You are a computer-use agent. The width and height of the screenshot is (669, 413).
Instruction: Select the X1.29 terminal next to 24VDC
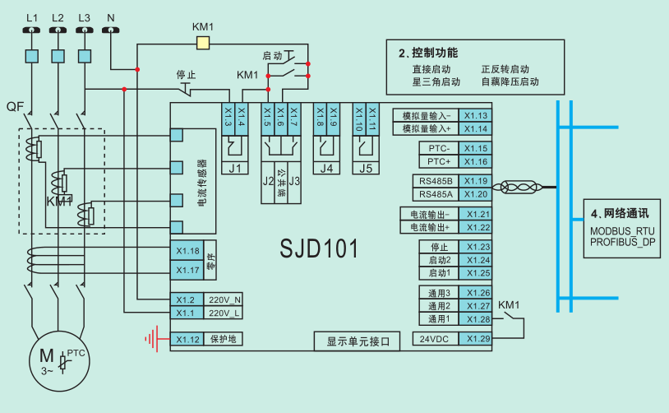(477, 339)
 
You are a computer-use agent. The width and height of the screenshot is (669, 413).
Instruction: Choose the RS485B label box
(435, 181)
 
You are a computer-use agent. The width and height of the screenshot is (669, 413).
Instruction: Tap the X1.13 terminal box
(477, 116)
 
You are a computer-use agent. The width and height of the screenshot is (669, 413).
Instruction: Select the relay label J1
(235, 169)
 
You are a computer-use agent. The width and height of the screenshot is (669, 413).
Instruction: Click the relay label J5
(366, 169)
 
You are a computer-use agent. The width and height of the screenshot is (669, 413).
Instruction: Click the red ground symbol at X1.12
(151, 338)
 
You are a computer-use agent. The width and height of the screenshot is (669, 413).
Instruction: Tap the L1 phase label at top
(32, 16)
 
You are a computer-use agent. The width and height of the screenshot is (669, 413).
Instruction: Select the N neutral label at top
(111, 16)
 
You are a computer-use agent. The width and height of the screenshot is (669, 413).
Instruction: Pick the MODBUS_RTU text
(622, 232)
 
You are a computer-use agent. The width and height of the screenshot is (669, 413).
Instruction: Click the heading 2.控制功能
(428, 53)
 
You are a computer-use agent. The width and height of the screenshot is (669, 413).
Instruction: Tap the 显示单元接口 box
(358, 341)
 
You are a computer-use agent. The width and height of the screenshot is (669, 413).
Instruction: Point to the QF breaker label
(14, 107)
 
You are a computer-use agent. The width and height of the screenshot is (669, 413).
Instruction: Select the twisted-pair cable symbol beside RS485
(519, 188)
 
